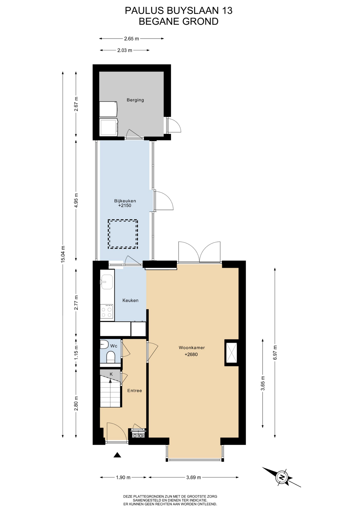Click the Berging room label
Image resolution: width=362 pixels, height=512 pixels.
click(x=135, y=100)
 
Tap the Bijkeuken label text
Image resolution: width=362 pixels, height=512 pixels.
click(x=125, y=201)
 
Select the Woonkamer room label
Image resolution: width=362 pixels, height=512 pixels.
click(x=192, y=348)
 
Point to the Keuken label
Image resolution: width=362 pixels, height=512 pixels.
click(x=130, y=300)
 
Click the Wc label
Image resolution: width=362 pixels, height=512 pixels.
click(x=114, y=346)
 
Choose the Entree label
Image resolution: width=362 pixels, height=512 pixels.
click(x=135, y=390)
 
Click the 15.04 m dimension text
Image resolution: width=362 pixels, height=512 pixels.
click(x=63, y=254)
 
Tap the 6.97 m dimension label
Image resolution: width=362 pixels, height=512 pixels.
click(x=275, y=353)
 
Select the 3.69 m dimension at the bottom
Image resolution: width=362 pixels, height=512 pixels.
click(x=194, y=477)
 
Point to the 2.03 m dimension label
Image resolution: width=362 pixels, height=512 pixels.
click(x=125, y=50)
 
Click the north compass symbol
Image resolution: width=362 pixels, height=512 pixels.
click(x=282, y=477)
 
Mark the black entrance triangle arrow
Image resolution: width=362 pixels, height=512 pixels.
click(x=117, y=455)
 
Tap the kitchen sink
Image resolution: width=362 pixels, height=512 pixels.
click(x=107, y=282)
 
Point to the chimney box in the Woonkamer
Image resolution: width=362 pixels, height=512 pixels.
click(x=231, y=353)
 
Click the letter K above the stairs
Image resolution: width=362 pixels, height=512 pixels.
click(x=111, y=374)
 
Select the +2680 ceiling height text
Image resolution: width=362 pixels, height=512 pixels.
click(x=191, y=354)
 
